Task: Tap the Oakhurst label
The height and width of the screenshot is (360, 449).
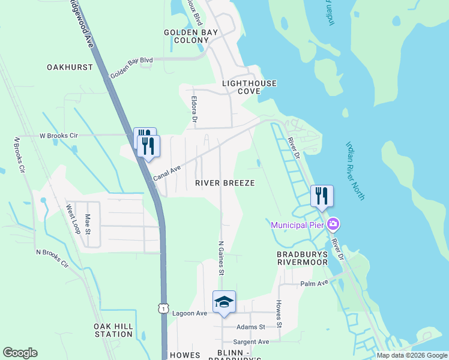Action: pyautogui.click(x=70, y=67)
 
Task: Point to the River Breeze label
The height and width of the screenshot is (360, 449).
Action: pyautogui.click(x=225, y=183)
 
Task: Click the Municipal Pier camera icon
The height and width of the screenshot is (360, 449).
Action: pyautogui.click(x=333, y=225)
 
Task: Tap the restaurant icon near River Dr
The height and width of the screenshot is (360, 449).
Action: pyautogui.click(x=321, y=196)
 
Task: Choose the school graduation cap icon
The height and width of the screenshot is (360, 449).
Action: pyautogui.click(x=224, y=302)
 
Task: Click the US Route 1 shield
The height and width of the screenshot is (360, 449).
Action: pyautogui.click(x=163, y=308)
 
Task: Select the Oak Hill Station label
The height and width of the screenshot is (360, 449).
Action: pyautogui.click(x=113, y=329)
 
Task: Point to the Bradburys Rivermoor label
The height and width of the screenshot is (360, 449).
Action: pyautogui.click(x=302, y=258)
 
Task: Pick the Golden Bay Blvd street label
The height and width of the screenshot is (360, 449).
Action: pyautogui.click(x=131, y=70)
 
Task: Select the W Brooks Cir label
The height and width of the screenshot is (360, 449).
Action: pyautogui.click(x=59, y=136)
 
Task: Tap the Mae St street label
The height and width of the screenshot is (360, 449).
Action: pyautogui.click(x=88, y=225)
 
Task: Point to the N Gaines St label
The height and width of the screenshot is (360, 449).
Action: pyautogui.click(x=221, y=258)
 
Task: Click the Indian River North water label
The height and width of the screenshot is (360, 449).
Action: pyautogui.click(x=355, y=171)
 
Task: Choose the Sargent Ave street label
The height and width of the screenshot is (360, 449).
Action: pyautogui.click(x=251, y=341)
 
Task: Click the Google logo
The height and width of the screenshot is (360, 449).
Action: pyautogui.click(x=20, y=353)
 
